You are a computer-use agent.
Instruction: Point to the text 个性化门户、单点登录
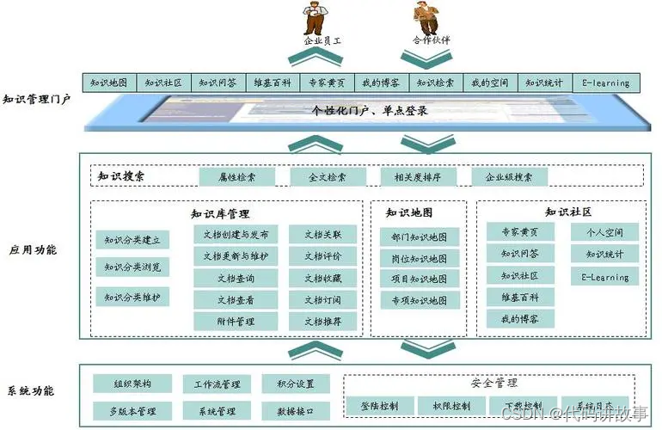[370, 111]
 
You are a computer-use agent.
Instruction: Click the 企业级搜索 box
[509, 177]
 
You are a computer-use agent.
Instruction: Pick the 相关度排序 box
[418, 177]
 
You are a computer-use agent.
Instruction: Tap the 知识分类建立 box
[132, 240]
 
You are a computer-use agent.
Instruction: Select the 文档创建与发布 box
[235, 234]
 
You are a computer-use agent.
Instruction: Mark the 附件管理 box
[235, 322]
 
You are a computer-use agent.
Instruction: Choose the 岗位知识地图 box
[419, 258]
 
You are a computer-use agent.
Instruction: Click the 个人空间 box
[604, 232]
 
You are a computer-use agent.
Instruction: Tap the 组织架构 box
[131, 384]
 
